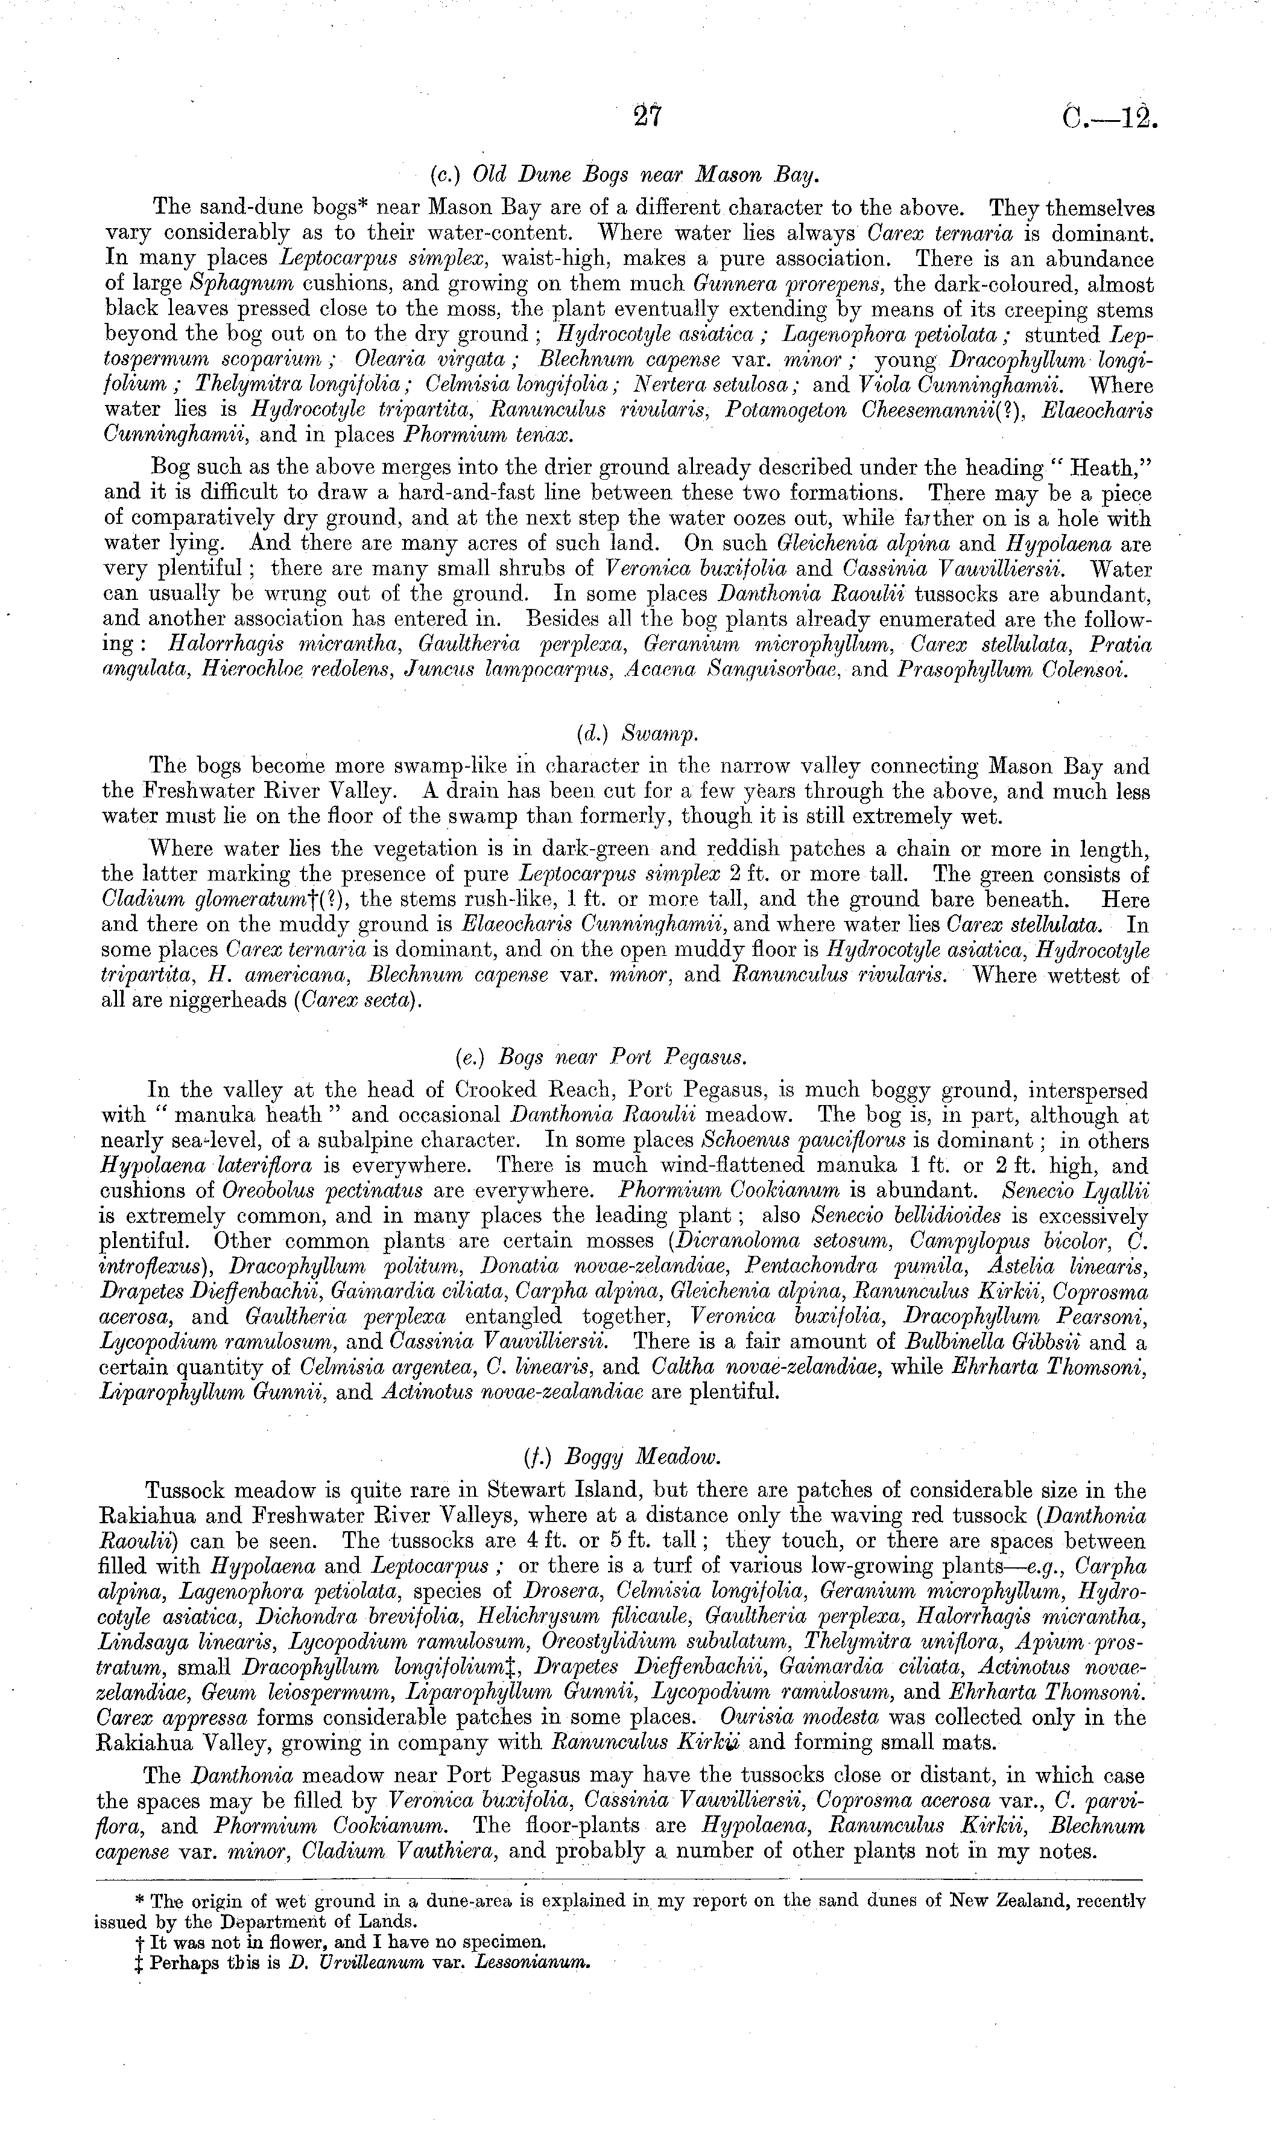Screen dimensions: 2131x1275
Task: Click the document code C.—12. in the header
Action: pos(1109,116)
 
